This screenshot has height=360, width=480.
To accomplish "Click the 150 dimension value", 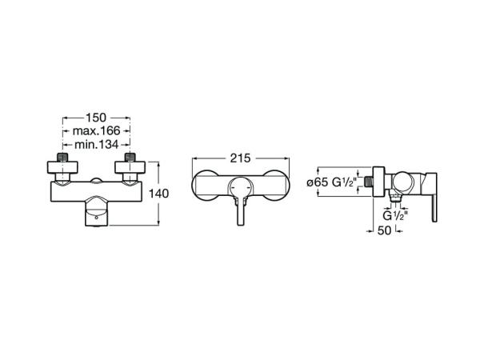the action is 96,118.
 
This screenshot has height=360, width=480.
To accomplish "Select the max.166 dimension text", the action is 96,131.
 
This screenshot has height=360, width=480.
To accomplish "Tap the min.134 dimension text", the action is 96,145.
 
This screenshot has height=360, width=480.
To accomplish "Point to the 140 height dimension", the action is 158,194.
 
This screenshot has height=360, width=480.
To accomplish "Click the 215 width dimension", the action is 240,158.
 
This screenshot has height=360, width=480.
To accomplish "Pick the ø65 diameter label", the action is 318,182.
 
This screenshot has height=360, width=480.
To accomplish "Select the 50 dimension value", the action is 384,230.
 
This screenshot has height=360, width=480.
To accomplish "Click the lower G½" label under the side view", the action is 395,215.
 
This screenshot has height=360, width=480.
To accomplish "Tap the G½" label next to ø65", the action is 345,182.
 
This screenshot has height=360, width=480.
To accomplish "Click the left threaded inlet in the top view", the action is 62,157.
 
